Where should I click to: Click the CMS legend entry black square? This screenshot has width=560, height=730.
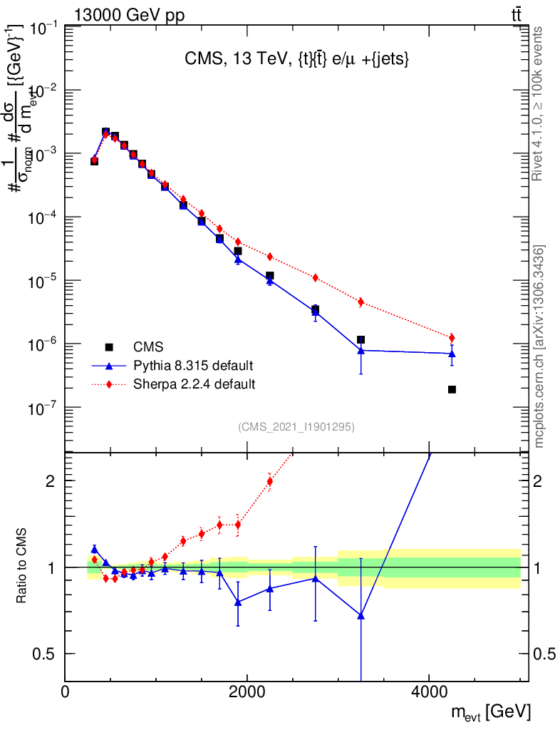109,347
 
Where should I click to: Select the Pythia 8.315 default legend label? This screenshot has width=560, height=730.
193,366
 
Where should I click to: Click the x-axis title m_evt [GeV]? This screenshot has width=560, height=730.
489,711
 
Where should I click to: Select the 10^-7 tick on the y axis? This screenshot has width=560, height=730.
66,407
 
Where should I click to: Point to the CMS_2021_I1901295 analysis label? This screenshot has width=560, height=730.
296,427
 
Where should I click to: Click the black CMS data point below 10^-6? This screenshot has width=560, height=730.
452,389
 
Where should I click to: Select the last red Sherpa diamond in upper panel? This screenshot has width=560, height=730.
452,337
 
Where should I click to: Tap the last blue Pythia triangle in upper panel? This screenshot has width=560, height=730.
452,353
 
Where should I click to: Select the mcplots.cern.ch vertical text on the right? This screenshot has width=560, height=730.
539,346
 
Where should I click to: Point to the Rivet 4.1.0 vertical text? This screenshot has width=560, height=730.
539,103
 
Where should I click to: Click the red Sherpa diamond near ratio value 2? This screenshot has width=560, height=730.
269,481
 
